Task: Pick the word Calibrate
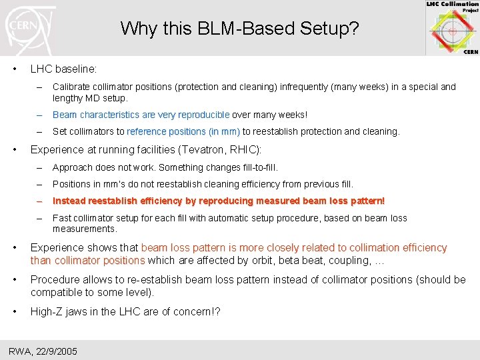(x=71, y=87)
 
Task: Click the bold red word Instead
(x=71, y=201)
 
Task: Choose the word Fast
(x=62, y=218)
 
